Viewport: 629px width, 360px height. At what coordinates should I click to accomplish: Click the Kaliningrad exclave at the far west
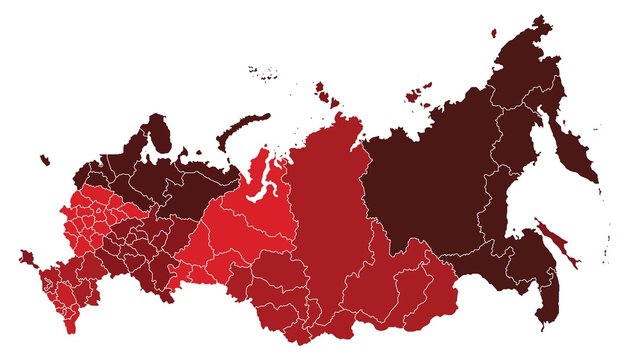coord(44,159)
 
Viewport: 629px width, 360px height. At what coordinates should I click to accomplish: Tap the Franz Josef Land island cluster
coord(263,71)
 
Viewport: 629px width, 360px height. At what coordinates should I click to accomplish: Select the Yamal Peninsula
coord(263,170)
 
